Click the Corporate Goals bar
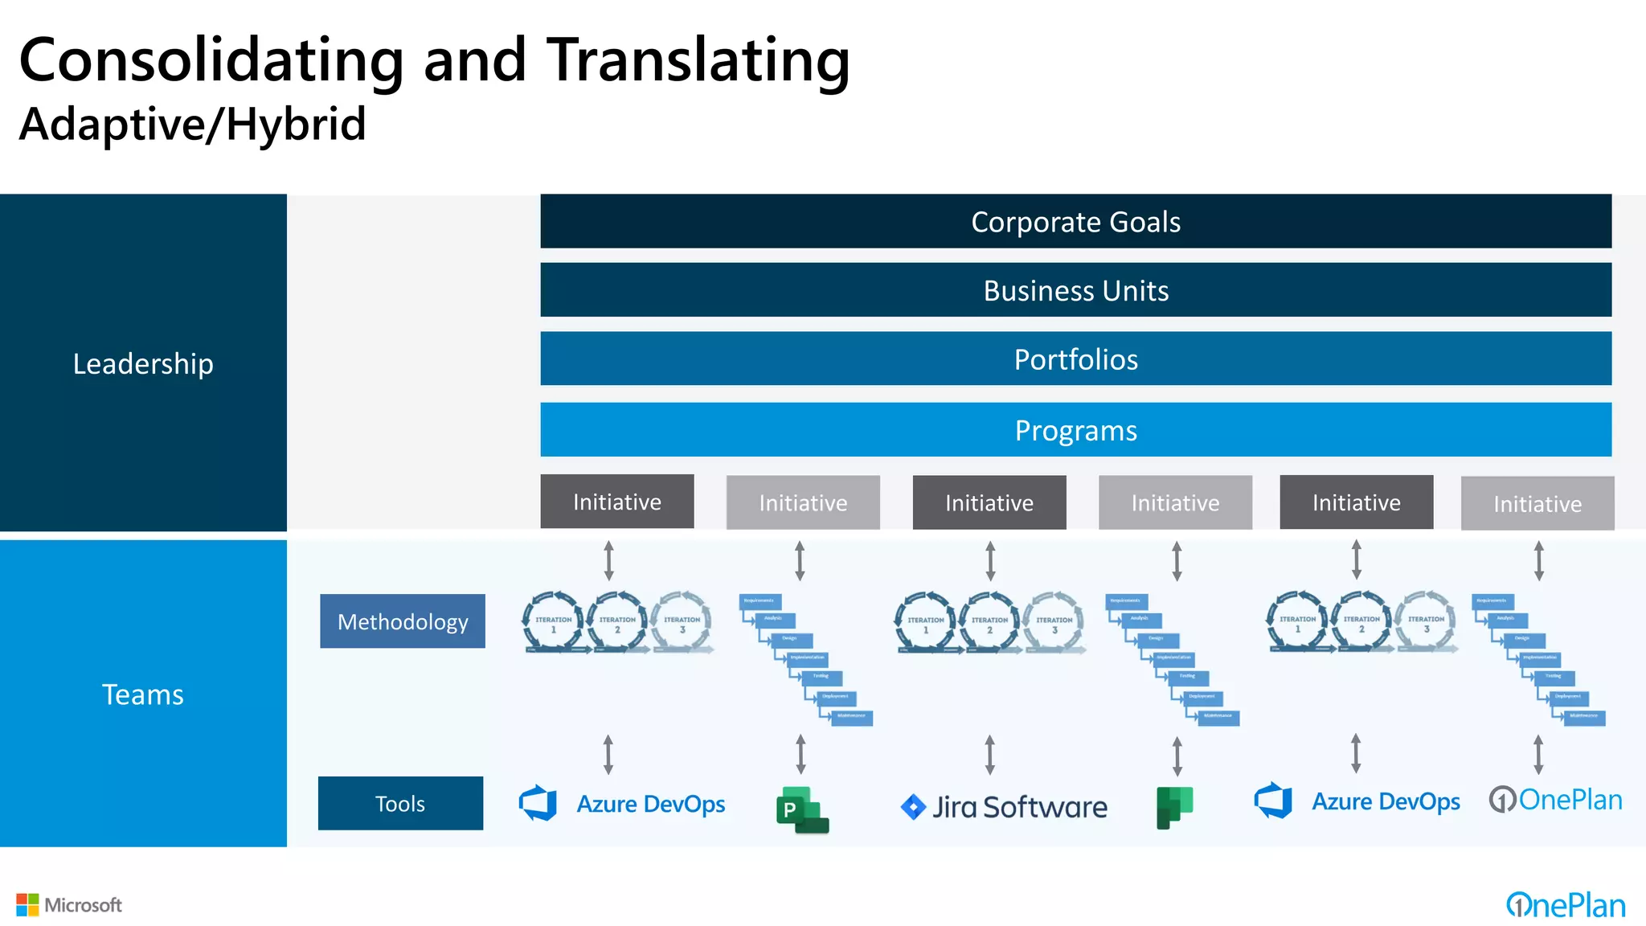click(1075, 221)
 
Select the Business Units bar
click(1075, 290)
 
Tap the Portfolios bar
click(1075, 359)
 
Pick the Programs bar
click(1075, 430)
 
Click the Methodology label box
click(402, 621)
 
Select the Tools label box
click(400, 803)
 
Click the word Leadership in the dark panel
click(143, 363)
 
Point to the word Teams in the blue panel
click(143, 694)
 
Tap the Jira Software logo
click(1004, 806)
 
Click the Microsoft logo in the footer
click(69, 905)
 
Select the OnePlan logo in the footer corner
click(1565, 905)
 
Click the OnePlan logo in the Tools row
click(1555, 800)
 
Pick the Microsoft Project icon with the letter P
click(801, 809)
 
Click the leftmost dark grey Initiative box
click(616, 502)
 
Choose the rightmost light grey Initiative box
click(1537, 503)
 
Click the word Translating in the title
click(698, 60)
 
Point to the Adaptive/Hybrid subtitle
click(192, 125)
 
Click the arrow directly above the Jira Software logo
click(989, 755)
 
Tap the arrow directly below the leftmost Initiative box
click(608, 560)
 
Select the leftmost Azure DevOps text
click(650, 804)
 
